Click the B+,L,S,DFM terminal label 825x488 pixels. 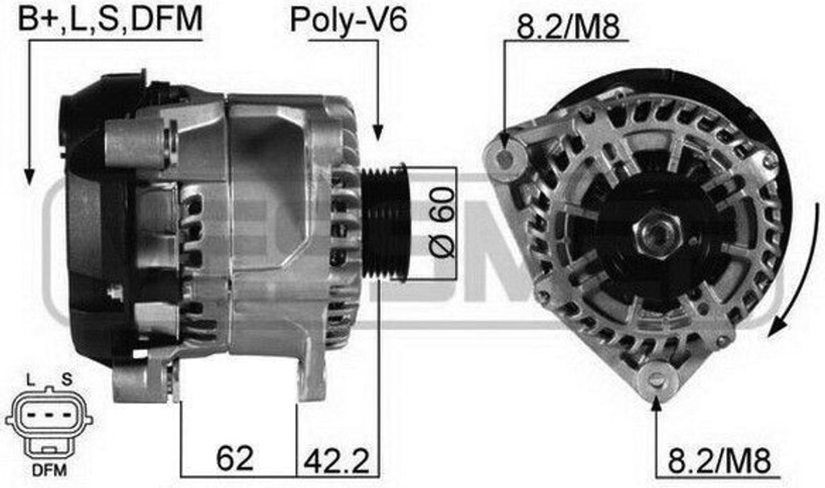pyautogui.click(x=110, y=19)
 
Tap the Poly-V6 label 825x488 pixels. pyautogui.click(x=348, y=19)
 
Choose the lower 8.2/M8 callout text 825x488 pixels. pyautogui.click(x=719, y=460)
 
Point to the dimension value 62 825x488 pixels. pyautogui.click(x=234, y=457)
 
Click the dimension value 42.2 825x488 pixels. pyautogui.click(x=337, y=460)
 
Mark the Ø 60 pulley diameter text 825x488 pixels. pyautogui.click(x=442, y=222)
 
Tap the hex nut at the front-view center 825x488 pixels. pyautogui.click(x=657, y=232)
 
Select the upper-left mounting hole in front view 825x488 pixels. pyautogui.click(x=505, y=158)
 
